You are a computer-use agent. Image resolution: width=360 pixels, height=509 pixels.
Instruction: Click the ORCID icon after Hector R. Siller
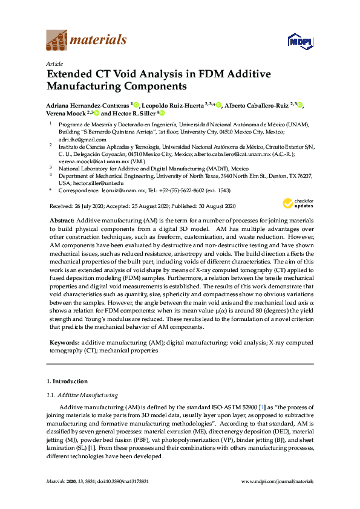click(x=162, y=113)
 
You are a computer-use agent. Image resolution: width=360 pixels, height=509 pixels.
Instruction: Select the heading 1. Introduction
click(x=67, y=381)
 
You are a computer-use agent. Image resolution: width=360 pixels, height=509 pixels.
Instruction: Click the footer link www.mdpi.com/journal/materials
click(x=277, y=481)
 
